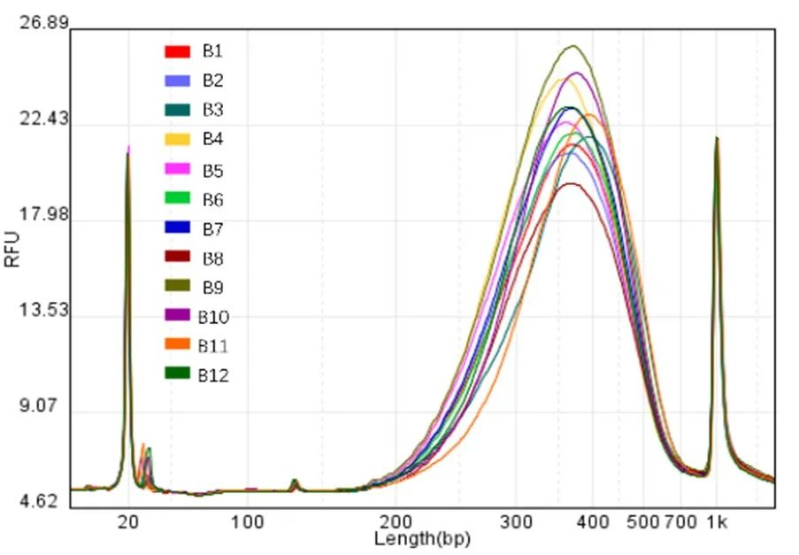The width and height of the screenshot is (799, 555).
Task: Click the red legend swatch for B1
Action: (x=178, y=51)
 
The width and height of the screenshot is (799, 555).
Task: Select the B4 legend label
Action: (x=212, y=139)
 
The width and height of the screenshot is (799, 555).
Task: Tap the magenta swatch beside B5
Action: (x=178, y=169)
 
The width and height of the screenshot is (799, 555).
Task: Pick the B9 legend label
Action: (x=212, y=287)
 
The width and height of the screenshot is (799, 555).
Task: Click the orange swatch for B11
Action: (x=178, y=345)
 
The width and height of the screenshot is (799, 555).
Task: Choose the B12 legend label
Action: (x=213, y=375)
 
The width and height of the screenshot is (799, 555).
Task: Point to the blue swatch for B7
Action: (x=178, y=228)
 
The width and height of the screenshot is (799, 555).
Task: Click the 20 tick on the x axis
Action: (x=129, y=522)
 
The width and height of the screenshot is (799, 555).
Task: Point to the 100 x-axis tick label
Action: (x=249, y=522)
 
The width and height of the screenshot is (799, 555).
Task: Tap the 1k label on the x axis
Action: (x=717, y=522)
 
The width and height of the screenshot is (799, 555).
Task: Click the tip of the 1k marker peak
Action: (x=717, y=138)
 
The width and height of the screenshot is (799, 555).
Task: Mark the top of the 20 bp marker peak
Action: (x=128, y=148)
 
